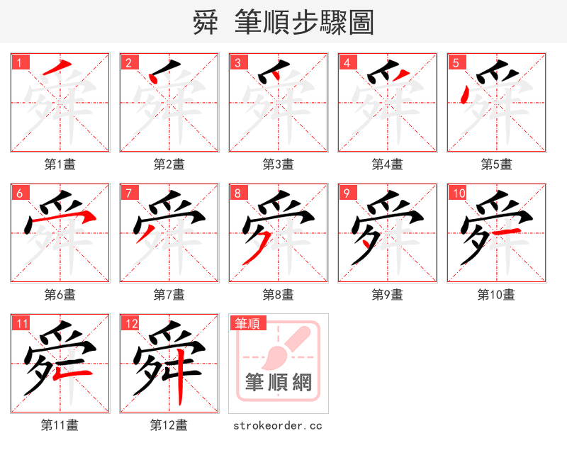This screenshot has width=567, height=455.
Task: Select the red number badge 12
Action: (x=131, y=325)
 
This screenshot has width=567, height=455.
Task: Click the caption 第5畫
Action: (x=496, y=164)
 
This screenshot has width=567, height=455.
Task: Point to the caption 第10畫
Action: (x=496, y=295)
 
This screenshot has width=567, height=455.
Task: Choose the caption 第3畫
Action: (x=278, y=164)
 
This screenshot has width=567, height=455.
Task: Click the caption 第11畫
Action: (x=60, y=425)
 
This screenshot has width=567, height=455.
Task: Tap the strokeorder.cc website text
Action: (x=278, y=425)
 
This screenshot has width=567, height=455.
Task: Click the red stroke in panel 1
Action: (x=58, y=68)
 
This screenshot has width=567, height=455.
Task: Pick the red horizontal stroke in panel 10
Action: (x=507, y=232)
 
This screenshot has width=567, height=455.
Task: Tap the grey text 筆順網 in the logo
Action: (x=279, y=383)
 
